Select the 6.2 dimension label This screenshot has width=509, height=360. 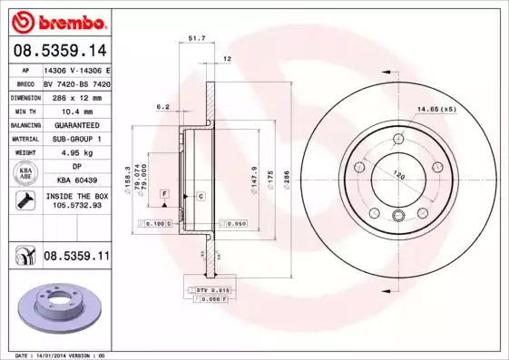tap(163, 107)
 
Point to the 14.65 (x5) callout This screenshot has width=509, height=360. tap(436, 110)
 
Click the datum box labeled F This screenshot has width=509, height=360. tap(164, 194)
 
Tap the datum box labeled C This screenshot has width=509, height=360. tap(201, 196)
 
